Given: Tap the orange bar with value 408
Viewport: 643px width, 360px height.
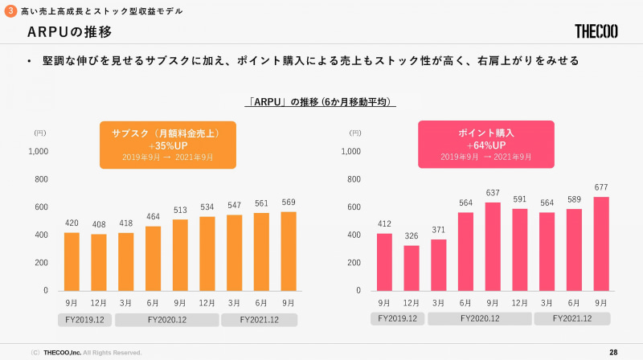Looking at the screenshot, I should tap(98, 262).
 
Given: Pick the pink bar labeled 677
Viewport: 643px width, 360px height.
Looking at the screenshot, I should tap(601, 243).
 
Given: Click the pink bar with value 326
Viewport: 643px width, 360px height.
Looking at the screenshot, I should tap(412, 268).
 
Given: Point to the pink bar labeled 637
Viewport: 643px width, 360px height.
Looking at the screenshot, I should tap(493, 246).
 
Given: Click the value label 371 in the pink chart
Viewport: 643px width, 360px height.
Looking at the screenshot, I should tap(439, 230).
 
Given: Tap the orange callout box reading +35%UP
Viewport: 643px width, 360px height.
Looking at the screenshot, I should tap(168, 145).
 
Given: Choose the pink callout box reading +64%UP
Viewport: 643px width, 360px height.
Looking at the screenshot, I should tap(486, 145).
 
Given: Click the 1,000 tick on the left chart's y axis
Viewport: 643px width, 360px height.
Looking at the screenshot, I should tap(39, 151).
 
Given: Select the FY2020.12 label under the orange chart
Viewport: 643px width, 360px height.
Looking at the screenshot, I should tap(167, 320).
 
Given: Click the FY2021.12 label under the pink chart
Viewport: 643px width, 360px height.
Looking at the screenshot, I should tap(574, 319).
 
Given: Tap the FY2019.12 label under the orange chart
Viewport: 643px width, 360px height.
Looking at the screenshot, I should tap(84, 320).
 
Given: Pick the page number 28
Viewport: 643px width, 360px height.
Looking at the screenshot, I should tap(613, 352).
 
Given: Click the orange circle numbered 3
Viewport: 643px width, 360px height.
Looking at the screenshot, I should tap(10, 10).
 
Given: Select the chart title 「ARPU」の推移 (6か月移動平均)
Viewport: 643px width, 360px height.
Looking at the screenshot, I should tap(321, 102).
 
